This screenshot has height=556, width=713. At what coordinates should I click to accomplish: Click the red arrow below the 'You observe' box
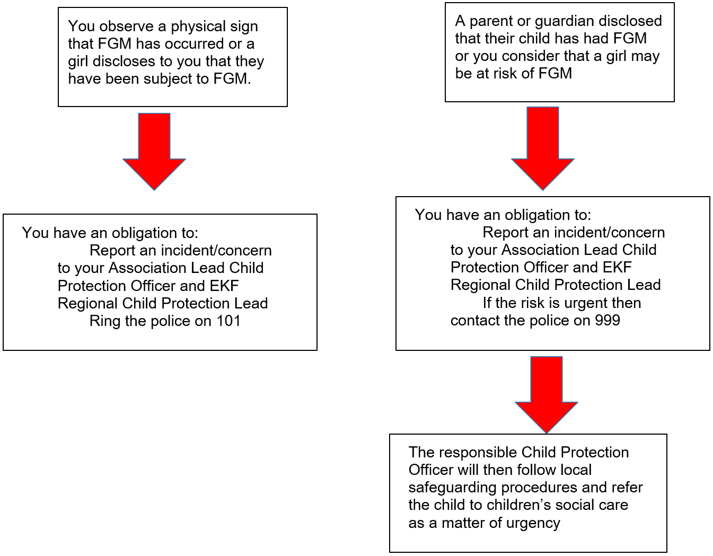pyautogui.click(x=154, y=151)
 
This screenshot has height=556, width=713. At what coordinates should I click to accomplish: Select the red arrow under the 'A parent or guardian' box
pyautogui.click(x=542, y=148)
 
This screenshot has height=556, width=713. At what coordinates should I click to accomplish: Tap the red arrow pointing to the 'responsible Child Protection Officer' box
pyautogui.click(x=546, y=394)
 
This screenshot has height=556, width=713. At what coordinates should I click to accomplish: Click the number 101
pyautogui.click(x=228, y=321)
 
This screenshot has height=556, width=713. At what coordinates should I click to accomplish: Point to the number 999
pyautogui.click(x=607, y=320)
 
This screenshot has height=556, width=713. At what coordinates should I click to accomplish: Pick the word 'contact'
pyautogui.click(x=472, y=321)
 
